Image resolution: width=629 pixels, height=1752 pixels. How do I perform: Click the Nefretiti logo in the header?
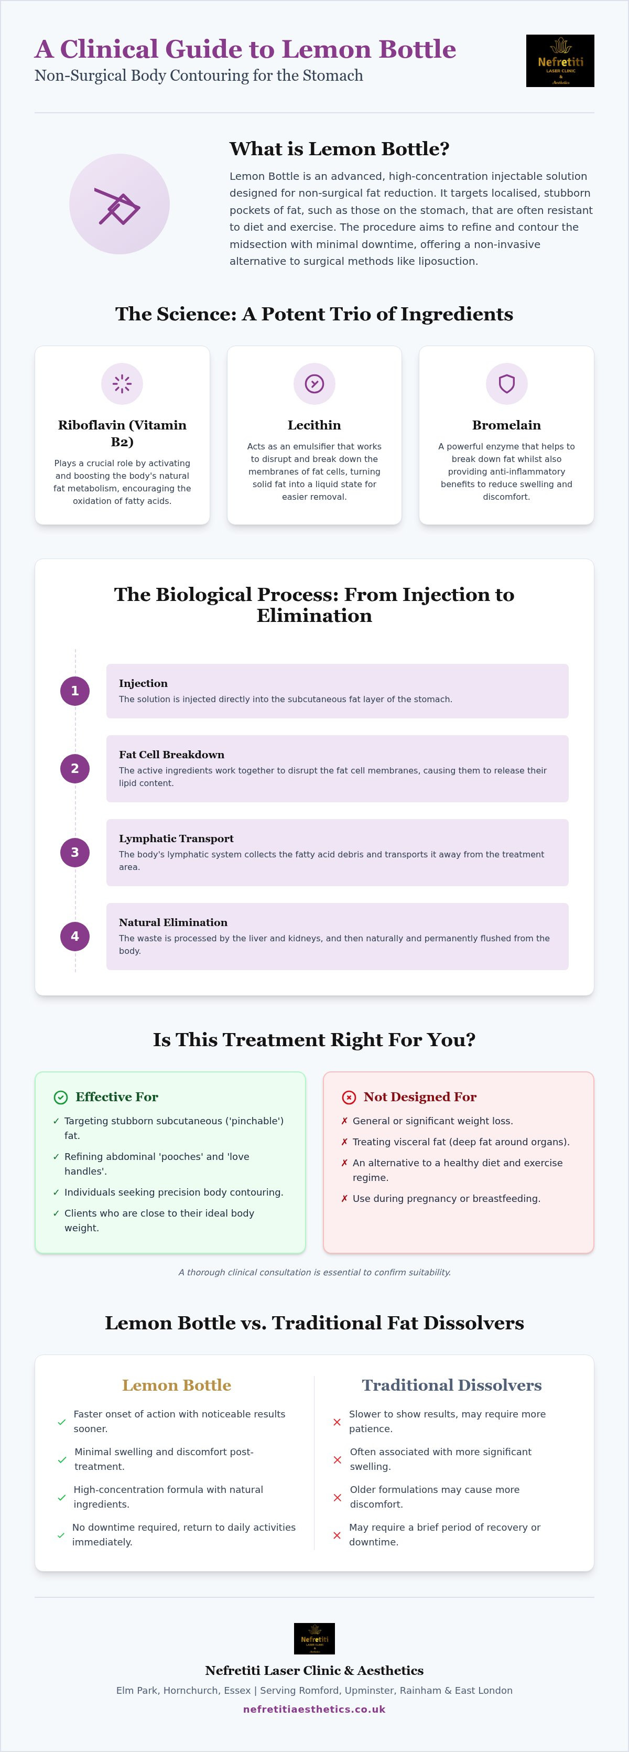(560, 60)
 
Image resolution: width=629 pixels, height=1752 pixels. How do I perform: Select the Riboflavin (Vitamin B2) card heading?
(123, 433)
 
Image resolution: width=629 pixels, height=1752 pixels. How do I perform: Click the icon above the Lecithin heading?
(314, 383)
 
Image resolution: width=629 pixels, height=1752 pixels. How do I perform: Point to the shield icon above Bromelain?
(506, 383)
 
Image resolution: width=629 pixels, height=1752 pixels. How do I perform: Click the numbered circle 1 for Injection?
(75, 691)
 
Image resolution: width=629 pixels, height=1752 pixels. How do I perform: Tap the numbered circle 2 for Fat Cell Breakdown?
(75, 769)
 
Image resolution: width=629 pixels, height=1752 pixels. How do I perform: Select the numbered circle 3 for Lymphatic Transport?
(75, 852)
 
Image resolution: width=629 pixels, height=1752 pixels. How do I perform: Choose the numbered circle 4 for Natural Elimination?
(75, 937)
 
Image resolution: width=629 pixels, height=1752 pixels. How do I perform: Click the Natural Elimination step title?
(173, 922)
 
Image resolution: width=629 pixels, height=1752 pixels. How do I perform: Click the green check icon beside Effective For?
(60, 1097)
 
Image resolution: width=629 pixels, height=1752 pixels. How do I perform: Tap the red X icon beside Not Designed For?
(349, 1097)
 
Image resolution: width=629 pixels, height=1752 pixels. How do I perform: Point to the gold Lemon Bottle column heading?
(177, 1385)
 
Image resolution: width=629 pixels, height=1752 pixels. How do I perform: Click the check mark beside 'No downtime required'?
(61, 1535)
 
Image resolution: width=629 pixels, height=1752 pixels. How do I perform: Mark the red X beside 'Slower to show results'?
(337, 1422)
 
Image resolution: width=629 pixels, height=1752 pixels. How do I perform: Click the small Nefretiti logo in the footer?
(314, 1638)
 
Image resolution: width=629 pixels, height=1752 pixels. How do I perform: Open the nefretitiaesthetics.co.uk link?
(314, 1709)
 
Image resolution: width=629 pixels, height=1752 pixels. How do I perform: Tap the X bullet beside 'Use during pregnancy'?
(345, 1198)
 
